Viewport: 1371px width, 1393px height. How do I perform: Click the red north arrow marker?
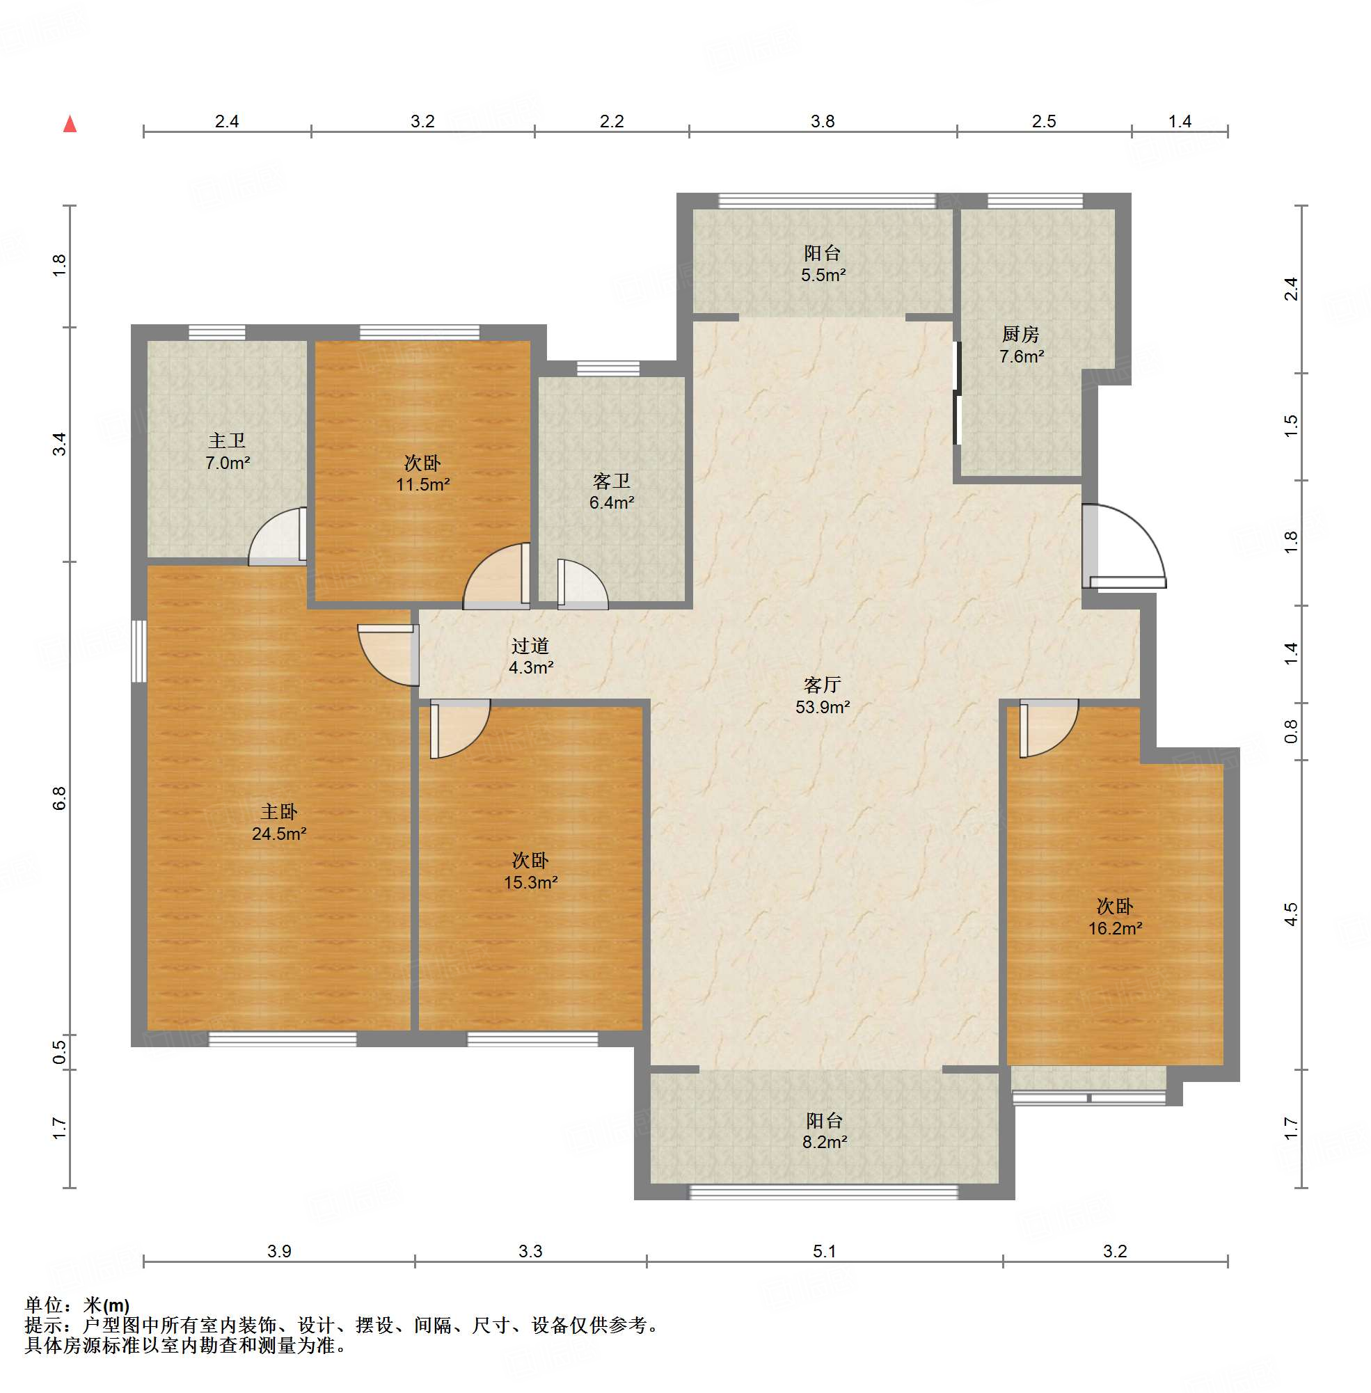(x=70, y=124)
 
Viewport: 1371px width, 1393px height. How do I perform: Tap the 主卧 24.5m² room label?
(x=278, y=823)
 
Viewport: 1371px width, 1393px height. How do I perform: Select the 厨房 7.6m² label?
(x=1021, y=345)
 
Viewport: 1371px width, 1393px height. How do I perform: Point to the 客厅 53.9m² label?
(x=823, y=696)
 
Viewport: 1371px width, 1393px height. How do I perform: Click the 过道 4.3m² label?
(x=531, y=657)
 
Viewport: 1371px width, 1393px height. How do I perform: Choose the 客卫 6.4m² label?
(x=611, y=492)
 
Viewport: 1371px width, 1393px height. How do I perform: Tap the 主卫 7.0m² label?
(x=228, y=452)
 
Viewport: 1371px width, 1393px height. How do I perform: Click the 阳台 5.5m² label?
(x=823, y=264)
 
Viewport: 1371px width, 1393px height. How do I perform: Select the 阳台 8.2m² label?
(x=825, y=1131)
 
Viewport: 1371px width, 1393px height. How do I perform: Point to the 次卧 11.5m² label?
(x=422, y=474)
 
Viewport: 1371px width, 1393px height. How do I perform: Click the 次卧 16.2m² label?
(x=1115, y=917)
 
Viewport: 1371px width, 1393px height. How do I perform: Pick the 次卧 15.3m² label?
(x=531, y=871)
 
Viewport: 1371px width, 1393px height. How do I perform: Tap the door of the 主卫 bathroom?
(x=278, y=536)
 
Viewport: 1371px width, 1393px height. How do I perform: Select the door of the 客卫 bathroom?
(x=583, y=584)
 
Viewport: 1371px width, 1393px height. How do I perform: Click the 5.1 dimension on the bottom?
(x=825, y=1251)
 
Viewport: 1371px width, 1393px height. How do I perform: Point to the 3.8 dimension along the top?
(x=823, y=121)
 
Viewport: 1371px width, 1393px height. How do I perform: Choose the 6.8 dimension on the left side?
(x=59, y=798)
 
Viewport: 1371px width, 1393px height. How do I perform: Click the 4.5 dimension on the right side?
(x=1291, y=914)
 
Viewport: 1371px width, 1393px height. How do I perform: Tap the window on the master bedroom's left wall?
(x=139, y=651)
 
